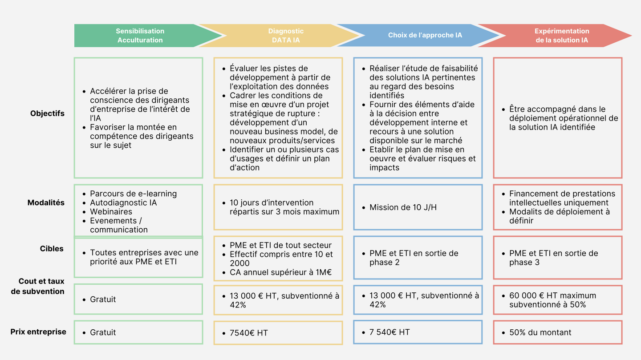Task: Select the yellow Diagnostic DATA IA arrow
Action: pos(282,36)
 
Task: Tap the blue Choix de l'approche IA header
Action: pos(421,36)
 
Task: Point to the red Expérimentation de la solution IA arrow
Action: pos(558,36)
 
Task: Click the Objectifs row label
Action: pos(47,113)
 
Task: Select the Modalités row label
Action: pos(46,202)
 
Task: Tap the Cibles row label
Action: pos(52,248)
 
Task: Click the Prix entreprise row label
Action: pos(38,332)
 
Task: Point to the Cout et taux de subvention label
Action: pos(38,286)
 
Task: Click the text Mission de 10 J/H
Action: pos(403,207)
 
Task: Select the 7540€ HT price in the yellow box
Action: pos(249,333)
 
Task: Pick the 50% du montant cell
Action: pos(540,332)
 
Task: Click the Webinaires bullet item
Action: pos(111,211)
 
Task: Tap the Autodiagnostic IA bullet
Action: pos(123,202)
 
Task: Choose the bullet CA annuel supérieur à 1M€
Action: pos(280,272)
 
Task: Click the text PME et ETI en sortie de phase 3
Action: pos(553,258)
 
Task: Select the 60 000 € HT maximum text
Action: pos(552,295)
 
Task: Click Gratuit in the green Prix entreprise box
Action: pos(103,332)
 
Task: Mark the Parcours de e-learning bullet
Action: pos(134,194)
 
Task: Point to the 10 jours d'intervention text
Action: pos(272,202)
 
